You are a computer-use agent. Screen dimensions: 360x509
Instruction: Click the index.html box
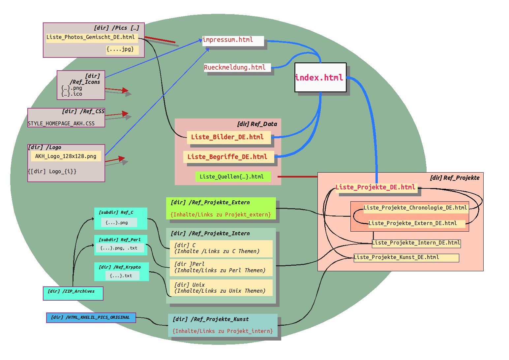[x=320, y=78]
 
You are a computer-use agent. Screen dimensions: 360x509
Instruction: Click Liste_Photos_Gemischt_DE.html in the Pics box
[x=91, y=37]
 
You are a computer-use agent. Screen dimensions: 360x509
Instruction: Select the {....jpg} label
[x=121, y=49]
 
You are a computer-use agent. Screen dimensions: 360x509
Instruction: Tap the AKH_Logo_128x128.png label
[x=66, y=156]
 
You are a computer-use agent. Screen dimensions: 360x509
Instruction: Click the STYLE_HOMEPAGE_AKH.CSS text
[x=61, y=124]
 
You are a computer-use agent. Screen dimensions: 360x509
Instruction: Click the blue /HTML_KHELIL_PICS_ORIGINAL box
[x=91, y=318]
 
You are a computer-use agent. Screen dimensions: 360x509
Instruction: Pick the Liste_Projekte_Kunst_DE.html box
[x=406, y=258]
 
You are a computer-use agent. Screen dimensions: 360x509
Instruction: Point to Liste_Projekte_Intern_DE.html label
[x=416, y=243]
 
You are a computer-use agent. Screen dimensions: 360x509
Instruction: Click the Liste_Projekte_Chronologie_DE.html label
[x=415, y=208]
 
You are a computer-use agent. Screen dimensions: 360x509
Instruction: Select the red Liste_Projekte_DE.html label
[x=376, y=187]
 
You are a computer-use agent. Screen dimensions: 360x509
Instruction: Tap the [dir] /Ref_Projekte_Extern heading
[x=210, y=203]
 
